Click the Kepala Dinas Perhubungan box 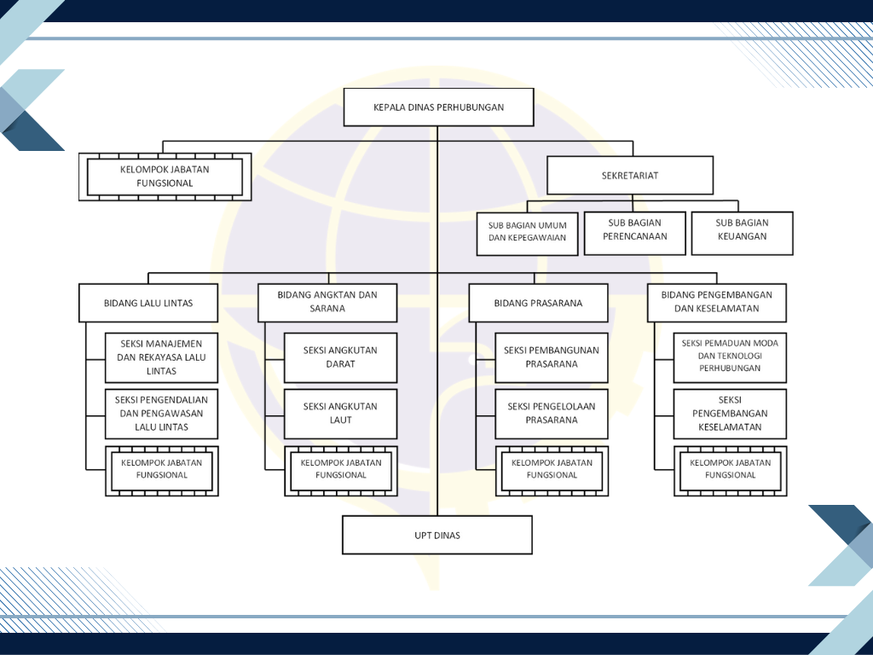tap(439, 107)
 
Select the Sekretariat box tap(630, 176)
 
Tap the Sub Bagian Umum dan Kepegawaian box tap(527, 234)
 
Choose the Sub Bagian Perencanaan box tap(634, 234)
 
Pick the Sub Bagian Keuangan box tap(743, 234)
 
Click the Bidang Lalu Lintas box tap(148, 303)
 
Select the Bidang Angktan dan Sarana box tap(327, 303)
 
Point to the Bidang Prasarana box tap(539, 303)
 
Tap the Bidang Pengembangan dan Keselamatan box tap(716, 303)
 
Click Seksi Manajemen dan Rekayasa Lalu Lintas tap(161, 357)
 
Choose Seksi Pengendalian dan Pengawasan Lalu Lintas tap(161, 414)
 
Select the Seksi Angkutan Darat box tap(341, 357)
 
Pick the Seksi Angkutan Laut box tap(341, 414)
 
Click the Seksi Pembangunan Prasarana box tap(552, 357)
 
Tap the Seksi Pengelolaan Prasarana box tap(552, 414)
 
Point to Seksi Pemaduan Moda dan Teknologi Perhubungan tap(730, 357)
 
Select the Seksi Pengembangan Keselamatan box tap(730, 414)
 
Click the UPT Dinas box tap(437, 536)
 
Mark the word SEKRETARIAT tap(630, 176)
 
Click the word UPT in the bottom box tap(423, 536)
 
